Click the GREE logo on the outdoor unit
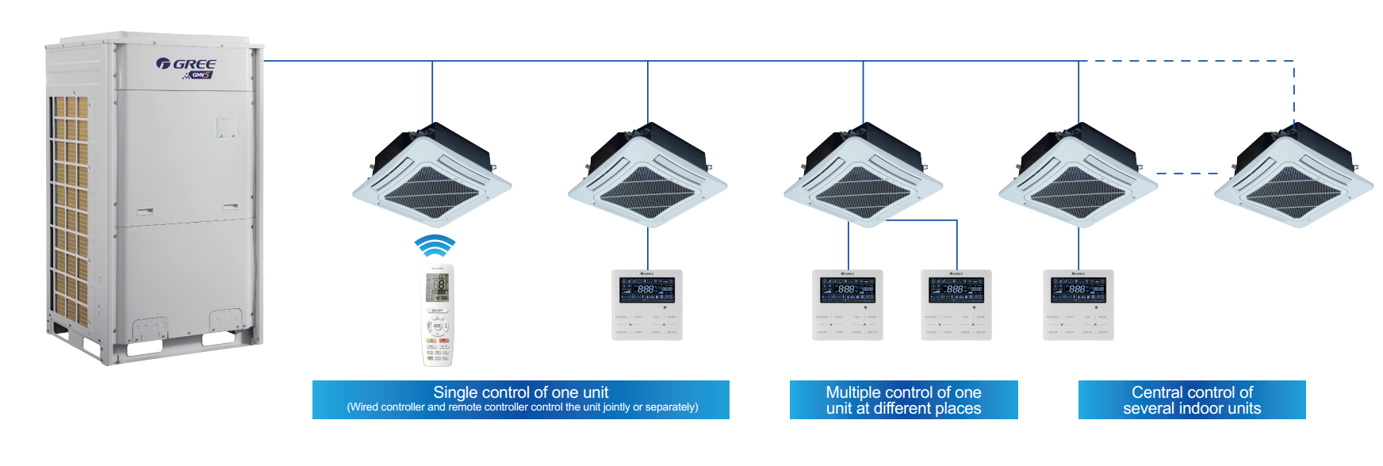point(187,64)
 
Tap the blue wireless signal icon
point(435,245)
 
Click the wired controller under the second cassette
point(647,305)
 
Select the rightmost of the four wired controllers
point(1078,305)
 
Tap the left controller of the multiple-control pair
point(847,305)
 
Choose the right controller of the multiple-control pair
point(956,305)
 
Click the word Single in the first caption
point(455,392)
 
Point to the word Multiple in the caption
point(853,392)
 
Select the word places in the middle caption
point(958,409)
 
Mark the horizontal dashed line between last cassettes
point(1186,173)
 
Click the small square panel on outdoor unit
point(227,128)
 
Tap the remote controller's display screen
point(437,285)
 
